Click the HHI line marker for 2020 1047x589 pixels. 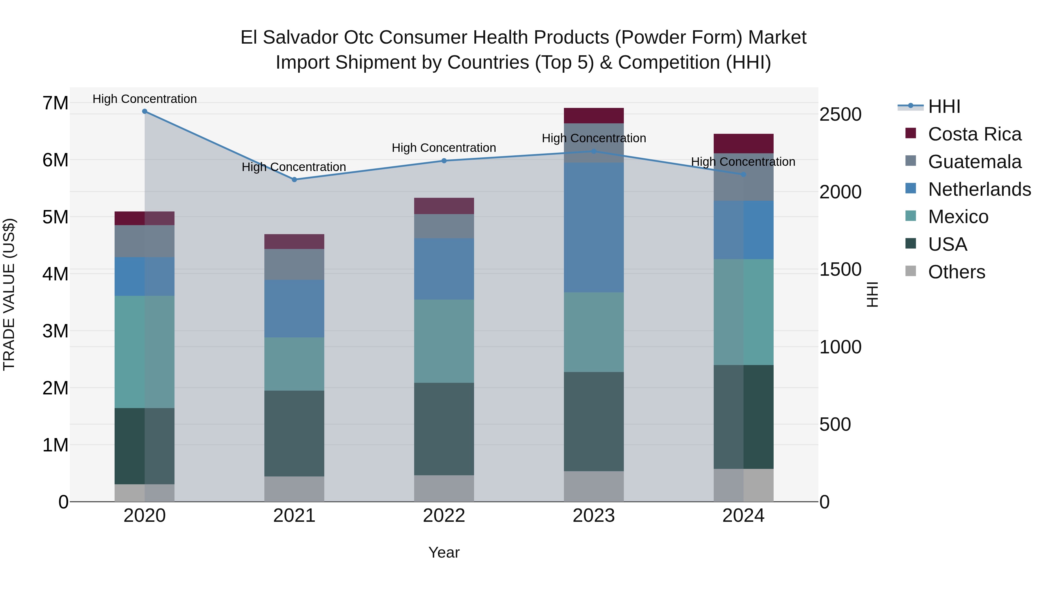coord(145,111)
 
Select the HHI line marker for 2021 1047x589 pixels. coord(294,180)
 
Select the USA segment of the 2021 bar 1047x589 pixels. coord(294,433)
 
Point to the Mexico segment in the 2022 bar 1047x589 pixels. coord(444,341)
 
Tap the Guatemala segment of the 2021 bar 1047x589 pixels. coord(294,264)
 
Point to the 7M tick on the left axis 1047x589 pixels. coord(55,103)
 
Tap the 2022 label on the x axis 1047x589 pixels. coord(444,516)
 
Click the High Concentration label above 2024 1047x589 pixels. coord(743,162)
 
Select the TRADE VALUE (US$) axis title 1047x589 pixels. coord(9,294)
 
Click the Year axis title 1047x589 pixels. coord(444,552)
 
